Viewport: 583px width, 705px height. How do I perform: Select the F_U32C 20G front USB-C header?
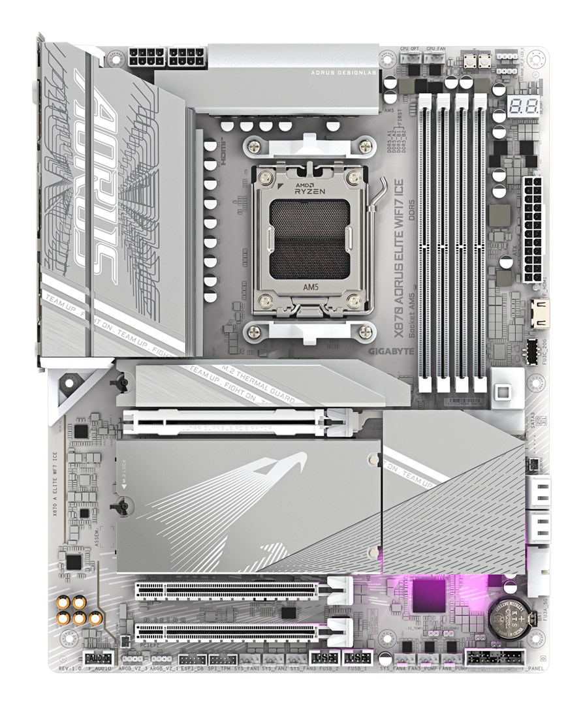[x=532, y=351]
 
